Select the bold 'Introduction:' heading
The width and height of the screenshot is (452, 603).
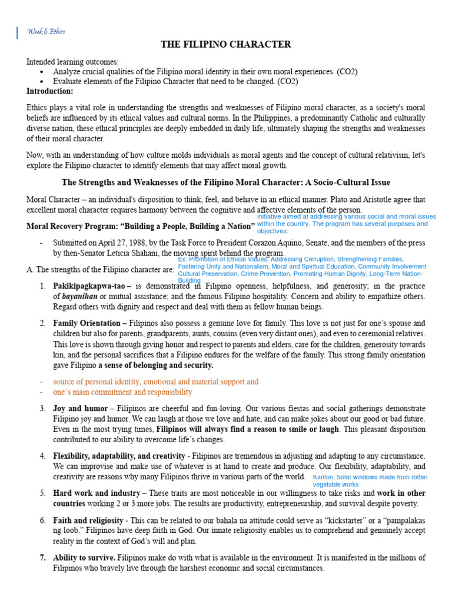click(50, 91)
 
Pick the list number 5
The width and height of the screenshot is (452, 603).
click(43, 493)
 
